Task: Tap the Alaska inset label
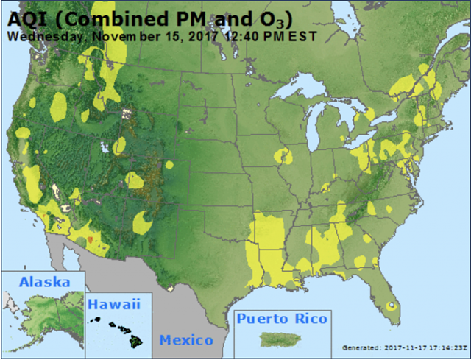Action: [45, 282]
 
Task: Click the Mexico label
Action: [186, 340]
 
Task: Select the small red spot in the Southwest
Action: [90, 240]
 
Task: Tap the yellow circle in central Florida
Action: [391, 304]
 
